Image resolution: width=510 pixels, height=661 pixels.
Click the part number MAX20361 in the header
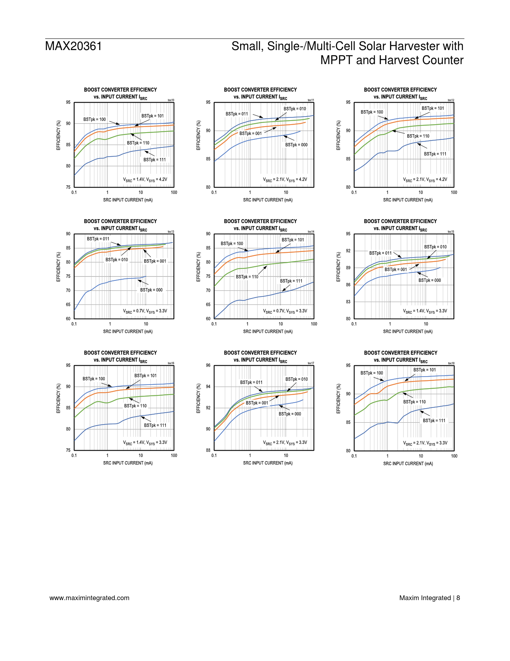click(x=74, y=46)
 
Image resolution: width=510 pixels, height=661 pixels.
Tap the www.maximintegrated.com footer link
click(x=89, y=598)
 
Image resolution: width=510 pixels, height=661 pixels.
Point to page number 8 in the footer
click(x=458, y=598)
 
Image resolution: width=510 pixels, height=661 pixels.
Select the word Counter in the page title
click(x=442, y=60)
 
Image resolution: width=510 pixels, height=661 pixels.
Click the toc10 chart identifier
click(x=171, y=100)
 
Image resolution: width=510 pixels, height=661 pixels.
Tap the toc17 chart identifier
click(x=311, y=363)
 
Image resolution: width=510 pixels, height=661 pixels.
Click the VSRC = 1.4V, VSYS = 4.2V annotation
click(x=145, y=180)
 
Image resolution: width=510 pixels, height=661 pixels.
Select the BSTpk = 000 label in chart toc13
click(x=151, y=290)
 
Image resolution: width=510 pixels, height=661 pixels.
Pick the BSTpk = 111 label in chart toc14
click(x=291, y=281)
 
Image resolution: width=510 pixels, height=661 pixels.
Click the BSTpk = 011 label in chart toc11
click(x=237, y=114)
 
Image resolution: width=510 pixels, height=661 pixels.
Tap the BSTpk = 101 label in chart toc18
click(x=425, y=370)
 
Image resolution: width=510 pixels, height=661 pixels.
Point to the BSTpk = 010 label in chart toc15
click(x=436, y=247)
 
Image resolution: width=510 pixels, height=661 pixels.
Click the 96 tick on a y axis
click(x=208, y=365)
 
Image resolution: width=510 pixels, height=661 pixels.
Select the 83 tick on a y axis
click(x=348, y=302)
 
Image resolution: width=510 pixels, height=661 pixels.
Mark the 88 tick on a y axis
click(x=208, y=450)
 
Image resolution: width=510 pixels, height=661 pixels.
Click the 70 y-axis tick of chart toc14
click(x=208, y=290)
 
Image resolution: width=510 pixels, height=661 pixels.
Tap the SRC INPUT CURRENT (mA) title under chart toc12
click(x=408, y=200)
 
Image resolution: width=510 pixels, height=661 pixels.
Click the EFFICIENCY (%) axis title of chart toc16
click(x=58, y=399)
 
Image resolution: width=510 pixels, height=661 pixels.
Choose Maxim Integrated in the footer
click(x=425, y=598)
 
